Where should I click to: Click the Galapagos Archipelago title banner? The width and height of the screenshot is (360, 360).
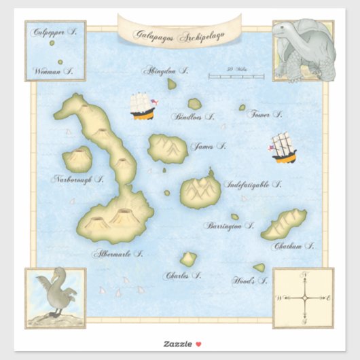(180, 31)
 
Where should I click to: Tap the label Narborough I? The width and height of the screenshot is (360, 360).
(78, 180)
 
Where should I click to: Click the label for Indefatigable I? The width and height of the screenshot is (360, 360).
(252, 184)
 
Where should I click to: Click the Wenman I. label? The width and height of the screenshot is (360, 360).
(54, 70)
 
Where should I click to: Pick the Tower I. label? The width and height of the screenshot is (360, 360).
(264, 114)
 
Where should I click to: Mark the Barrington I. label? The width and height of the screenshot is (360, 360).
(230, 226)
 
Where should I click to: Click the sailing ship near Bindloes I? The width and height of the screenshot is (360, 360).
(142, 105)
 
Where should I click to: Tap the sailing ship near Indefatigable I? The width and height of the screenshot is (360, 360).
(283, 148)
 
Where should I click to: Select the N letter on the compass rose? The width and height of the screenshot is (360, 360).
(305, 275)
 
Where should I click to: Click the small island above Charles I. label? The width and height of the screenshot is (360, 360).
(188, 259)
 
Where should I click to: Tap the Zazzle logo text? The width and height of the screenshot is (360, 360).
(175, 344)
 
